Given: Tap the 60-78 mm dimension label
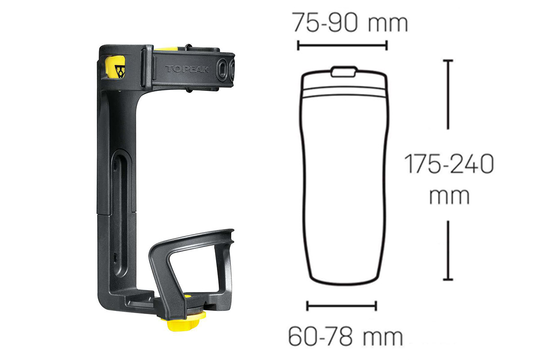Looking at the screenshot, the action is [x=346, y=337].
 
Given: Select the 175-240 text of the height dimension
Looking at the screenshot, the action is [x=449, y=164].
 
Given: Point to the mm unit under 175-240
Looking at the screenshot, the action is [x=450, y=196].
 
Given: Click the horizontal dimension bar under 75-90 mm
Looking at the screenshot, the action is [x=342, y=45].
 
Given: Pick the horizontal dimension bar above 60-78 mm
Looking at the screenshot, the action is [x=342, y=306].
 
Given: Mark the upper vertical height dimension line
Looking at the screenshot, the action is [x=448, y=94].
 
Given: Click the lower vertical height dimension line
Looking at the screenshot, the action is [x=448, y=251].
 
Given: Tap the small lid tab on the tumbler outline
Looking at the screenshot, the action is [x=343, y=72].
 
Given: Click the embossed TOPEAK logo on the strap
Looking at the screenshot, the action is [x=187, y=69].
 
